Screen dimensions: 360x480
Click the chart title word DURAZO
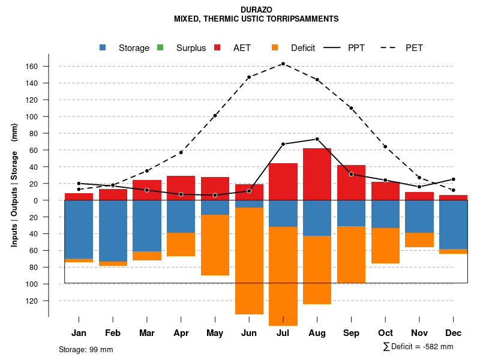(x=256, y=10)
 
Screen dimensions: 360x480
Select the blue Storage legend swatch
(x=104, y=47)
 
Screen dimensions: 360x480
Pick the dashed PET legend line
(x=389, y=47)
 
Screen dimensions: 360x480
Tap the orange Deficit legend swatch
(x=275, y=47)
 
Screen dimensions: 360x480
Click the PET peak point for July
(x=283, y=64)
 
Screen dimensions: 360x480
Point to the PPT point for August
(x=317, y=139)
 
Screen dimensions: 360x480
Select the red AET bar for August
(x=317, y=174)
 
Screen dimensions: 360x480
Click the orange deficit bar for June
(x=249, y=260)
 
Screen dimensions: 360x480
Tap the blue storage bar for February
(x=113, y=230)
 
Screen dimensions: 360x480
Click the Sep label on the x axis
(x=351, y=333)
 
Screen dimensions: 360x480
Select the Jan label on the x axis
(x=79, y=333)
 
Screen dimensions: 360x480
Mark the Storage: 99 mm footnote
(x=86, y=349)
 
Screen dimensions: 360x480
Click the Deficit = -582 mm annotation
(x=418, y=347)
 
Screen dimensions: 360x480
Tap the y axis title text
(x=14, y=185)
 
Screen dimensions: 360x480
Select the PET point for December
(x=454, y=190)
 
